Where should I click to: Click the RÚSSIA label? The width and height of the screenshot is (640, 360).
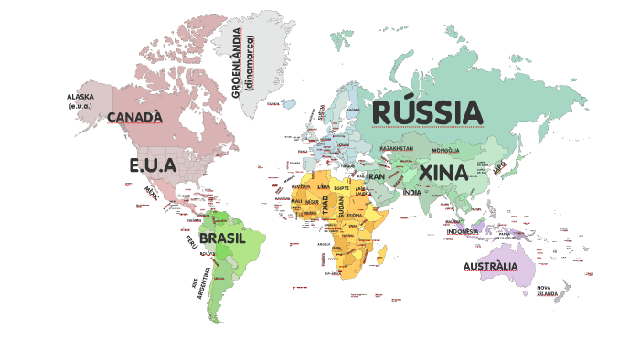click(x=427, y=112)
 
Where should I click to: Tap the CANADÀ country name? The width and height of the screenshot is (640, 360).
click(x=134, y=117)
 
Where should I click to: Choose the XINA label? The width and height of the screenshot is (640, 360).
click(x=443, y=173)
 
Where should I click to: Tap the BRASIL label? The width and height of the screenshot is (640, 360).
click(x=223, y=238)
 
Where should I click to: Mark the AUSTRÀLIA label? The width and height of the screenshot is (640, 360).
click(x=490, y=267)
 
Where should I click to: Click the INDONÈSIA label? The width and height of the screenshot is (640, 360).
click(x=463, y=231)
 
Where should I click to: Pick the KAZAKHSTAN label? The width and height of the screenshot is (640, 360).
click(x=396, y=148)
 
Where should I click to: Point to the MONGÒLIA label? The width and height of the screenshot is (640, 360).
click(x=446, y=150)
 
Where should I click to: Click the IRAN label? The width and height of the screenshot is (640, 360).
click(x=376, y=176)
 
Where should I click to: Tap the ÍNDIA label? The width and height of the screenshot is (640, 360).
click(x=412, y=193)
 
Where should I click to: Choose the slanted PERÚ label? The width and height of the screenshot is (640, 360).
click(x=191, y=242)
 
